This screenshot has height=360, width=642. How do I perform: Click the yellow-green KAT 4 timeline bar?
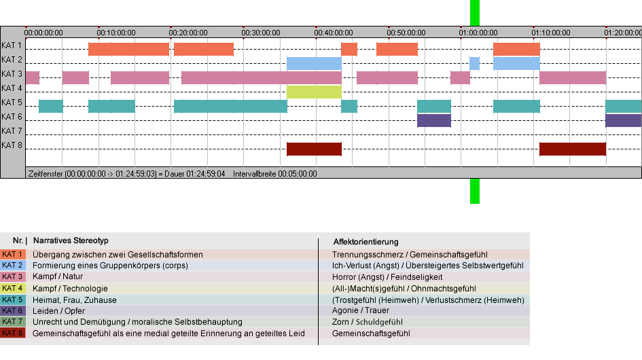click(314, 92)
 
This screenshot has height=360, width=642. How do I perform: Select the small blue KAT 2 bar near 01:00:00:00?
click(474, 63)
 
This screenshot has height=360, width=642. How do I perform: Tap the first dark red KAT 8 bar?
click(314, 149)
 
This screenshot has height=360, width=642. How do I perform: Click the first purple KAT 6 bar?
click(434, 120)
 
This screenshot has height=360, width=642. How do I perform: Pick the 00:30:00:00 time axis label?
click(261, 33)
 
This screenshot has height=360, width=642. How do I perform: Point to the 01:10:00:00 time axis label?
click(551, 33)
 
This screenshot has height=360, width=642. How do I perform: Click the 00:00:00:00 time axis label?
click(43, 33)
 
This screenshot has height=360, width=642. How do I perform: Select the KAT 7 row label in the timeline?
click(12, 131)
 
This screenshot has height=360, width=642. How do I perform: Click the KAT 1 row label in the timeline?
click(12, 46)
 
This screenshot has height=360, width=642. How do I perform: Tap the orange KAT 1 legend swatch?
click(13, 254)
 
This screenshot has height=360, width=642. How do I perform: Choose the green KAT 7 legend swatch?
click(13, 321)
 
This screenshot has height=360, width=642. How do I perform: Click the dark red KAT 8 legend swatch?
click(13, 333)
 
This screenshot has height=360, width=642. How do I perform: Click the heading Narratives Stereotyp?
click(71, 240)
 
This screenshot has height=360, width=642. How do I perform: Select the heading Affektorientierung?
click(365, 242)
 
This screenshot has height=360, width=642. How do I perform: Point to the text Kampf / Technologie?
click(70, 288)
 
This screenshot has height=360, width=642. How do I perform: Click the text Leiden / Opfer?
click(58, 311)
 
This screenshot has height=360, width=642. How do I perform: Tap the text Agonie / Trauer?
click(361, 310)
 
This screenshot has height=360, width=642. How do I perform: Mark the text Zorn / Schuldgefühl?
click(368, 322)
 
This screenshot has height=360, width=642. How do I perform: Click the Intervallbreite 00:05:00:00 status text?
click(274, 174)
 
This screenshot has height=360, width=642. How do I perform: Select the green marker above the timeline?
click(475, 13)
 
